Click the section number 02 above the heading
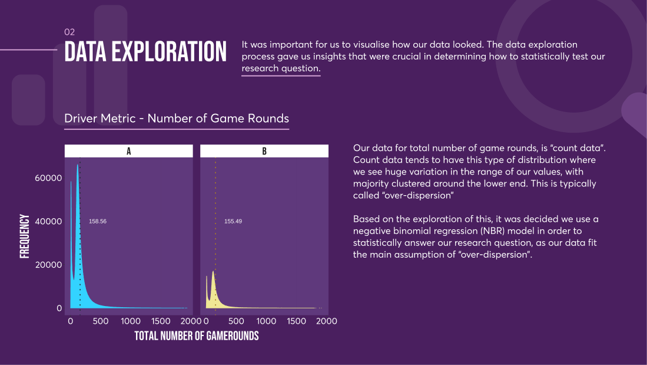(x=69, y=32)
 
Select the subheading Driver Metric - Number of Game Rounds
(x=176, y=119)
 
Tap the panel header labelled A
(x=128, y=151)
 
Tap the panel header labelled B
(x=264, y=151)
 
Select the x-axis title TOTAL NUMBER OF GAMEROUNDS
(x=197, y=336)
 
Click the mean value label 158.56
(x=98, y=221)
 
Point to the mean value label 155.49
(x=233, y=221)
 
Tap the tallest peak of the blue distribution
(x=77, y=166)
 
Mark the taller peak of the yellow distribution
(x=213, y=272)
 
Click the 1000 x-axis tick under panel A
(x=130, y=321)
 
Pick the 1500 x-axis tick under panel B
(x=297, y=321)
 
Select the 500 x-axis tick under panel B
(x=236, y=321)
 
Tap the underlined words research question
(x=281, y=68)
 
